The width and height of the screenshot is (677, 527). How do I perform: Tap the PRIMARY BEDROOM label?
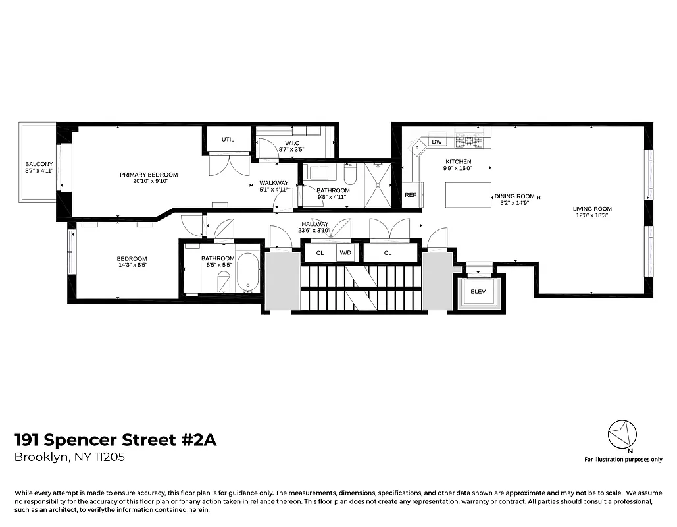tap(149, 175)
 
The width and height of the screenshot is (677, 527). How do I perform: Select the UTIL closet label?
tap(228, 140)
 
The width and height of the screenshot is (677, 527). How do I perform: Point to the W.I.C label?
tap(293, 143)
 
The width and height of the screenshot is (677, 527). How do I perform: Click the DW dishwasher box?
tap(437, 142)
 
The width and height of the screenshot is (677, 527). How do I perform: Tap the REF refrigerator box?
tap(411, 195)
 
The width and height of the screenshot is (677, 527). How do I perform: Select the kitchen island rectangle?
tap(468, 195)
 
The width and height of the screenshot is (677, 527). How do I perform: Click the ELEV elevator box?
tap(478, 290)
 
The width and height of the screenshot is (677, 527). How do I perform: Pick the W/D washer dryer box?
tap(345, 252)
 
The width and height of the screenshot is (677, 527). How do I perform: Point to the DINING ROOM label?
tap(514, 196)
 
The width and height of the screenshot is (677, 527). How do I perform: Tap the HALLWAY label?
tap(314, 224)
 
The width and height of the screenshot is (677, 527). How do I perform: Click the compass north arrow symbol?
tap(622, 435)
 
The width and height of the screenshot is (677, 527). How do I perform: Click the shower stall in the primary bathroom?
tap(378, 185)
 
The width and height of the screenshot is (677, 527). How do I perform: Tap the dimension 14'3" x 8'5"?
tap(132, 266)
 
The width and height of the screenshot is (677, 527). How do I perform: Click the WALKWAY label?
tap(273, 183)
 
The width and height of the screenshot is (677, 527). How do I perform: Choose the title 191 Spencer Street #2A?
tap(115, 439)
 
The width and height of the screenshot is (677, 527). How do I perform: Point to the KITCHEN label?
tap(458, 162)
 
